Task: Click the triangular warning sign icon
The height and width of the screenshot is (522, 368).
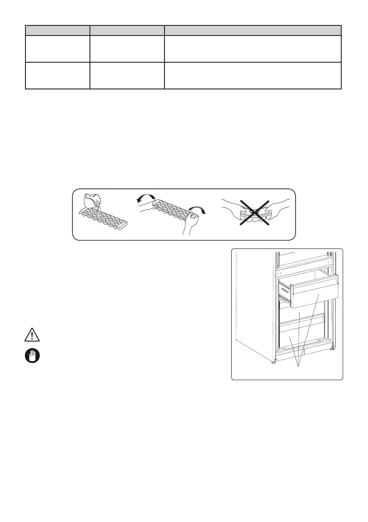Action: [x=32, y=335]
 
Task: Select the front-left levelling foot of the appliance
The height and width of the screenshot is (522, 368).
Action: [x=274, y=362]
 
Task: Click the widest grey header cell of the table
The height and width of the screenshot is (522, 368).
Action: [x=253, y=30]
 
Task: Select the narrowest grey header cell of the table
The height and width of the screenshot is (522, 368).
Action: [x=57, y=30]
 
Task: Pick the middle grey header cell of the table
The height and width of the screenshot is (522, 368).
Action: [x=127, y=30]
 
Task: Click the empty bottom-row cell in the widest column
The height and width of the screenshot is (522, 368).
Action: [x=253, y=75]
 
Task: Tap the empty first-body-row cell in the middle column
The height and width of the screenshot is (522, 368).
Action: [x=127, y=49]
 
